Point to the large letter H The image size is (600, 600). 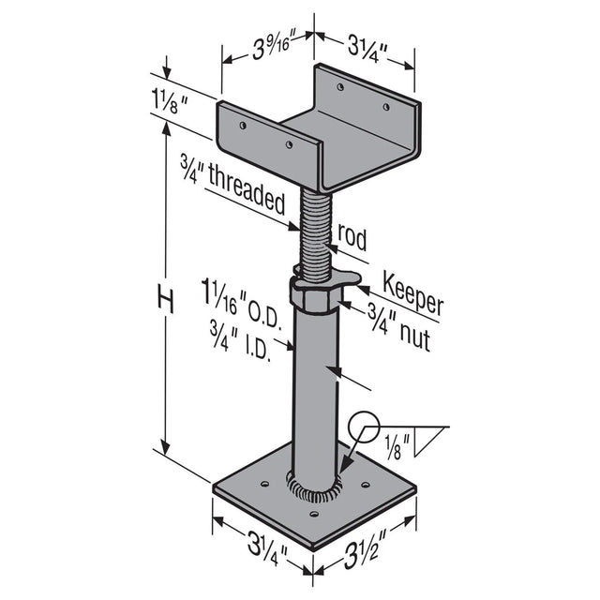pos(166,302)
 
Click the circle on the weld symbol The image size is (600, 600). pos(362,429)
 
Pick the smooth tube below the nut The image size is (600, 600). pos(314,394)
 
